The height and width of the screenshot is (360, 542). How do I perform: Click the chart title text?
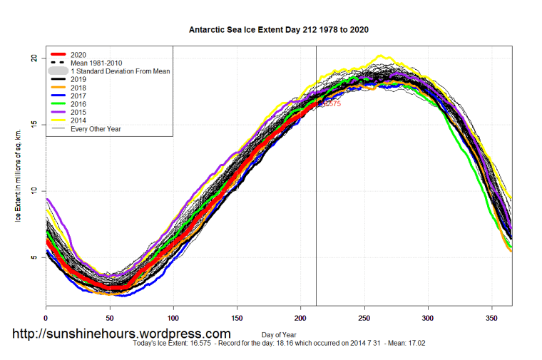click(278, 31)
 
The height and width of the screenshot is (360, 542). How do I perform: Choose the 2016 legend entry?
click(79, 103)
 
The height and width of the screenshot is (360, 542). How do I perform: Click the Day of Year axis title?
click(279, 334)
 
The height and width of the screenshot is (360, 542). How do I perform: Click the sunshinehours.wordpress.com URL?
click(121, 333)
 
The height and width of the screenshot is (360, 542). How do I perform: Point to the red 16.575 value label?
click(331, 104)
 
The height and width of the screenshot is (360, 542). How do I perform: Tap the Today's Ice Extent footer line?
click(278, 343)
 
